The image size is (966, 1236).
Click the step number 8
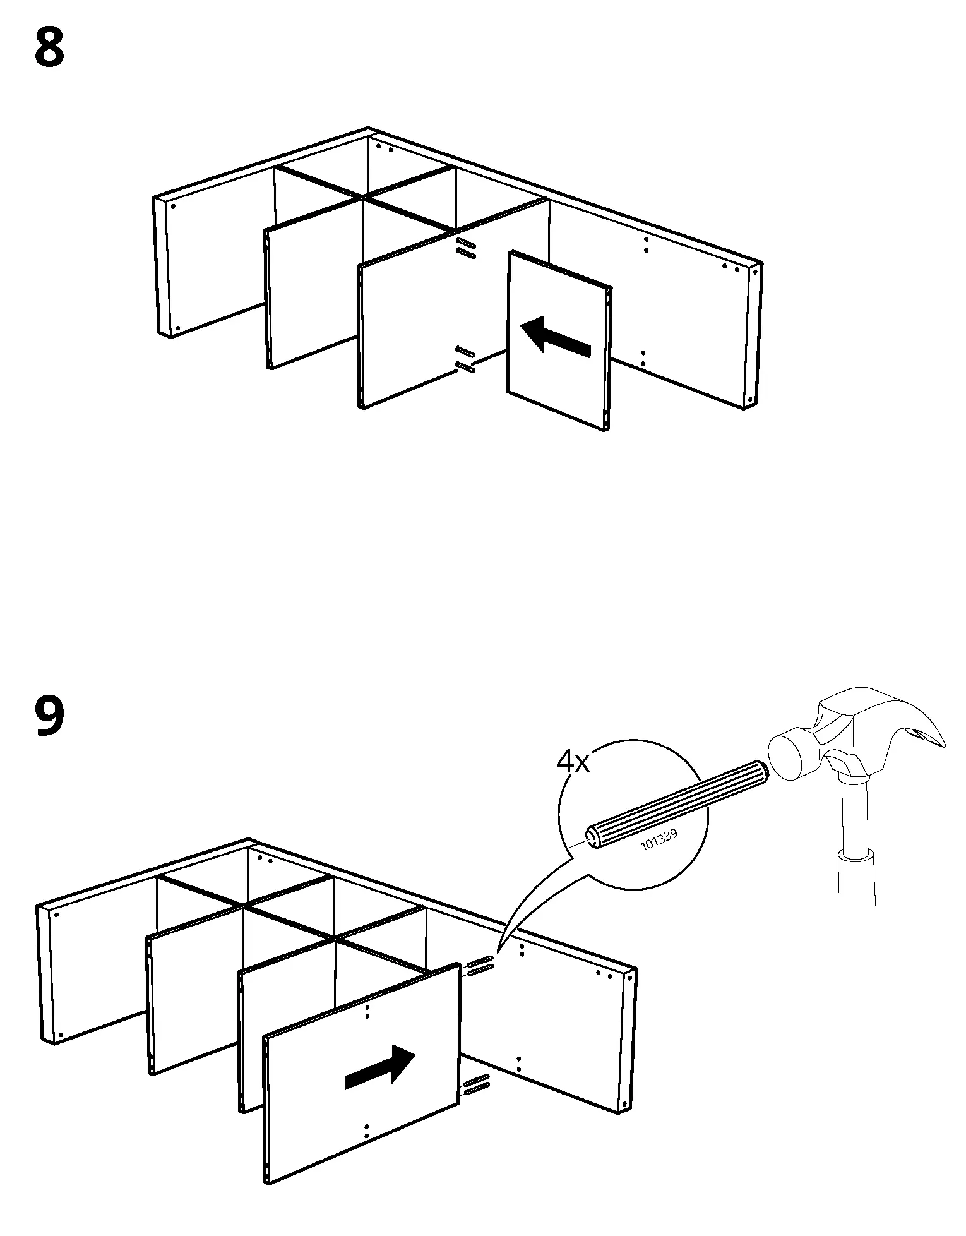tap(49, 49)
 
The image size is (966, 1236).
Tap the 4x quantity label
tap(572, 762)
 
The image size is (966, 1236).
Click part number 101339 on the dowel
tap(659, 841)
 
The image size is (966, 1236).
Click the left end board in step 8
tap(163, 268)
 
